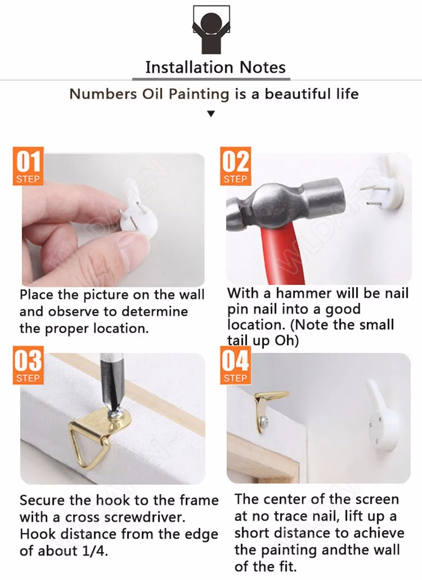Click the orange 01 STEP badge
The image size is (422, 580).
pyautogui.click(x=28, y=166)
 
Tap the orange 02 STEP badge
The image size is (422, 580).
pyautogui.click(x=235, y=166)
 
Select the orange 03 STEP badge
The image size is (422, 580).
pyautogui.click(x=28, y=365)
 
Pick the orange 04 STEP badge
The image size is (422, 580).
pyautogui.click(x=235, y=365)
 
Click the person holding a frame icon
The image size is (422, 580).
pyautogui.click(x=211, y=30)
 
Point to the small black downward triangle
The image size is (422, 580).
pyautogui.click(x=211, y=113)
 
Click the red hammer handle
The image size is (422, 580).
pyautogui.click(x=282, y=254)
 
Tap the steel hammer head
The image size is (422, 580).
pyautogui.click(x=285, y=204)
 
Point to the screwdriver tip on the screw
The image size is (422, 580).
pyautogui.click(x=114, y=410)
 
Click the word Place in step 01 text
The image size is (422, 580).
pyautogui.click(x=37, y=295)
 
